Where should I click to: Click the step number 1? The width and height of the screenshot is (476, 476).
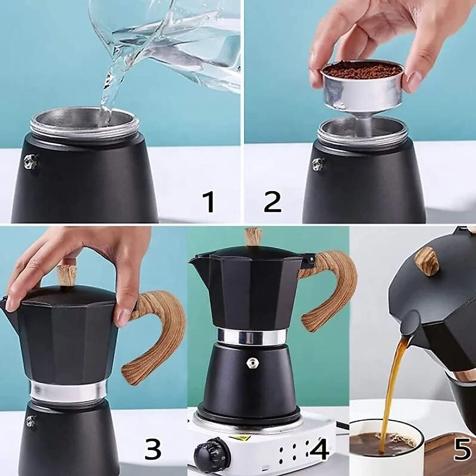pos(209,202)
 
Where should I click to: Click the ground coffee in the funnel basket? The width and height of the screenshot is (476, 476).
pos(362,71)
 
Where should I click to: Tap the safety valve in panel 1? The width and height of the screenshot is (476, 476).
pos(31,161)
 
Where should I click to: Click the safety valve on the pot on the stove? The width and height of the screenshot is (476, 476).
pos(251,363)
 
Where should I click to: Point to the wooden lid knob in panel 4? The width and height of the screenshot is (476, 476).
pos(253,237)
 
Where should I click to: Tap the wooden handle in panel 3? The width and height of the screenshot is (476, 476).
pos(159,333)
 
